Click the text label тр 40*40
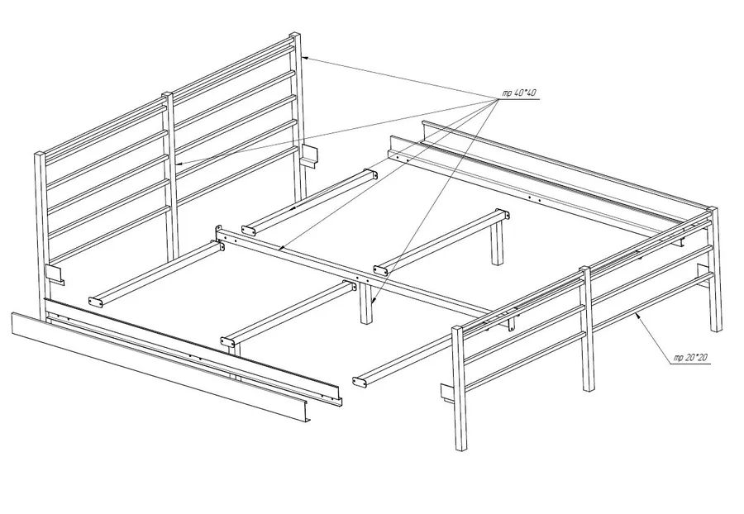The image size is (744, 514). pos(519,93)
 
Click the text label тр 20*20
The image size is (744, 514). pos(691,358)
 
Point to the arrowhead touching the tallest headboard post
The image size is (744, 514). pos(306,58)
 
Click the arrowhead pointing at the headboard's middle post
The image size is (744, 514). pos(180,164)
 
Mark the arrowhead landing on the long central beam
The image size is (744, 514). pos(281,248)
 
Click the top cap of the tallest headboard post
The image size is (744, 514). pos(294,36)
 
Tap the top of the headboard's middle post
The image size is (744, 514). pos(168,94)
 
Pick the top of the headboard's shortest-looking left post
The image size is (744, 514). pos(40,154)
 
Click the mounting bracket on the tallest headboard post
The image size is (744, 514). pos(308,155)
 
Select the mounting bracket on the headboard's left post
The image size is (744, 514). pos(55,275)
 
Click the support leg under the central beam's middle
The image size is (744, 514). pos(366,303)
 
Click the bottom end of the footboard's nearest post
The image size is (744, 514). pos(460,447)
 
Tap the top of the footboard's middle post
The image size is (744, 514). pos(585,269)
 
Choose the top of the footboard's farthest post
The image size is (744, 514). pos(712,209)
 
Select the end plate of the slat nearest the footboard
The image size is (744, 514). pos(360,381)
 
